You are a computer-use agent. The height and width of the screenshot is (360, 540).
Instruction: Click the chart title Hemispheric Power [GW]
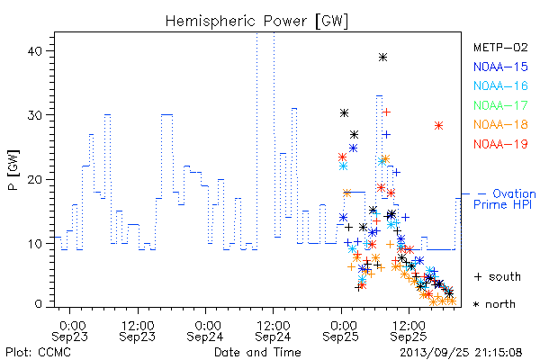256,22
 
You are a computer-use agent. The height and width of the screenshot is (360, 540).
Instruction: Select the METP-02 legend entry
500,47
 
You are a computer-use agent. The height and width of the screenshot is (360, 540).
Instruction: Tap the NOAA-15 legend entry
500,67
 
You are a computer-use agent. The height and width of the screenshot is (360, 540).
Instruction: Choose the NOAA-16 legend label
500,85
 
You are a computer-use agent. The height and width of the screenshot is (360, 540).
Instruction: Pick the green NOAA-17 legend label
500,105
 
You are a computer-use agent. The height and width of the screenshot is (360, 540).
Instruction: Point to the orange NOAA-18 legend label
500,124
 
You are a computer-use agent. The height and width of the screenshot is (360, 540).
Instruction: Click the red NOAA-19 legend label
500,144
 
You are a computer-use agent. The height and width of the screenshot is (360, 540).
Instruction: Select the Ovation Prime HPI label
505,199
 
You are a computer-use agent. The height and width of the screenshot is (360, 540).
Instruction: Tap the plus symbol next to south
478,276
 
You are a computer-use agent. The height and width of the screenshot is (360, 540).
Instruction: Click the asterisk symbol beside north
476,304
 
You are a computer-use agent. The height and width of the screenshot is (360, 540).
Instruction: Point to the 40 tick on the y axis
34,51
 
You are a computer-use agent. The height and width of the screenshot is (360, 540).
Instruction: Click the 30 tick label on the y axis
34,115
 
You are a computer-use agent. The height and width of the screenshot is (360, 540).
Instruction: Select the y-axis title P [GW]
13,170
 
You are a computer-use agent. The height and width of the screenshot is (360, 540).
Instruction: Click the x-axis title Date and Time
257,353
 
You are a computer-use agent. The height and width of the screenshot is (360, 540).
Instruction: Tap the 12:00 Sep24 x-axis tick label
273,331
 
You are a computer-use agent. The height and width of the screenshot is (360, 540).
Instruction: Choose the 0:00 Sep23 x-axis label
69,331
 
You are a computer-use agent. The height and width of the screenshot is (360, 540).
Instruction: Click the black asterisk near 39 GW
382,58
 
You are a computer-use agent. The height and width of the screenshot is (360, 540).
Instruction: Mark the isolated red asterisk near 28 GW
438,126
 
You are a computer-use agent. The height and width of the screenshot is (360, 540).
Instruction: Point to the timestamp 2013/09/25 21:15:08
461,353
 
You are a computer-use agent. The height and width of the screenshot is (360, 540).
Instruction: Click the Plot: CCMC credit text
38,353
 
